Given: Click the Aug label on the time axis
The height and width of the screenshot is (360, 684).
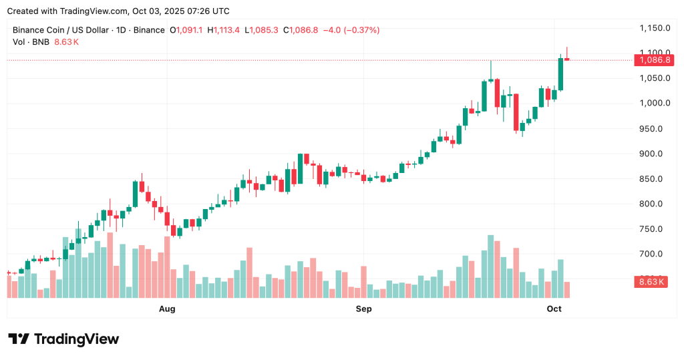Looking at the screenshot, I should (167, 309).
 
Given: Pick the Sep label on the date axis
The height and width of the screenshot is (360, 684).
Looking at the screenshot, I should (363, 309).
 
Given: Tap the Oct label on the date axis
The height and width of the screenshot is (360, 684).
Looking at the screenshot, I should (554, 309).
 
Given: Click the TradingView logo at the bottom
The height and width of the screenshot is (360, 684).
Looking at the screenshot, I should (63, 339).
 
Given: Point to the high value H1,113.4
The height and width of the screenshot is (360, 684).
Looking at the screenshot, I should (226, 30).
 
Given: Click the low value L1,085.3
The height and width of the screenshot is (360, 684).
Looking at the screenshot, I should (263, 30).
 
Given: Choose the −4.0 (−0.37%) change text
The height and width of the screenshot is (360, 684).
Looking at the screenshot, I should (351, 30).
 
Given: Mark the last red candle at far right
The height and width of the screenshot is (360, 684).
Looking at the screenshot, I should (567, 59).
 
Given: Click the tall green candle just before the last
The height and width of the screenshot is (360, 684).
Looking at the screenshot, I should (560, 73).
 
